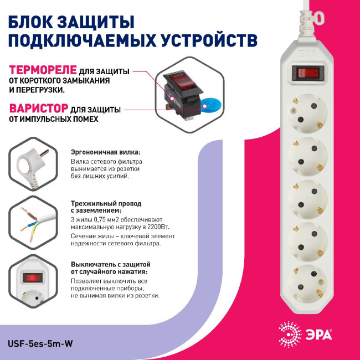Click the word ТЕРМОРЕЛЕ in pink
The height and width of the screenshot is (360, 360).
(39, 71)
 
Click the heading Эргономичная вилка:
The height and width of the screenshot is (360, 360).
(105, 151)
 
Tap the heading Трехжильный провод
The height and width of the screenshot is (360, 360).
(106, 203)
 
